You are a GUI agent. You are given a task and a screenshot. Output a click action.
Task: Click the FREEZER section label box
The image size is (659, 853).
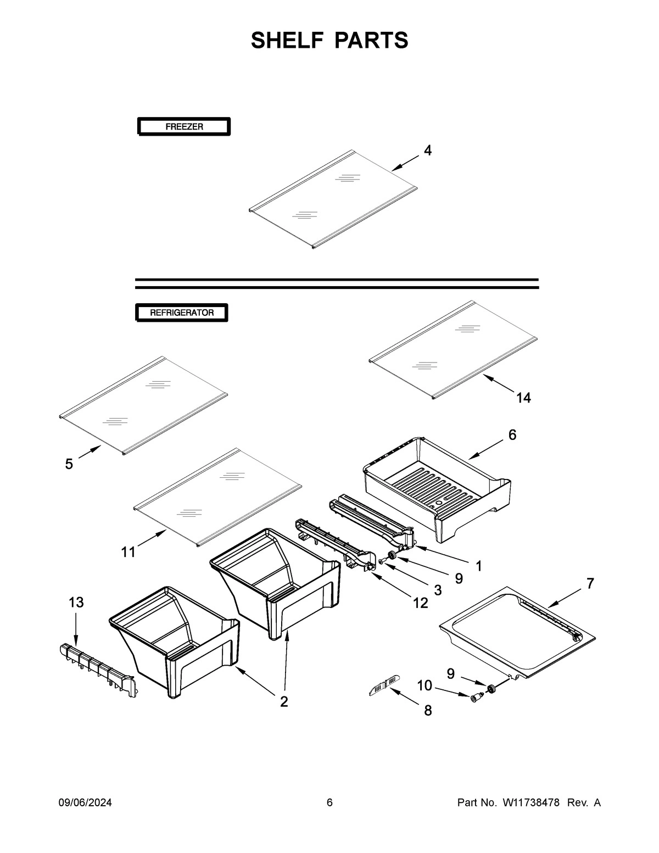pos(183,127)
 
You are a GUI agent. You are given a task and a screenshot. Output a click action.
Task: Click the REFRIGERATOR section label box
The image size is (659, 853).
pos(182,313)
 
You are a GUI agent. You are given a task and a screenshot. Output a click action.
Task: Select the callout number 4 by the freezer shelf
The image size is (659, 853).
pos(427,150)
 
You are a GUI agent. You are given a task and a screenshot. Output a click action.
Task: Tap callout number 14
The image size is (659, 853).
pos(523,398)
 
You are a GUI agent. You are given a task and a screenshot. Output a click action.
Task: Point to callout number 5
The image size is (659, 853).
pos(69,464)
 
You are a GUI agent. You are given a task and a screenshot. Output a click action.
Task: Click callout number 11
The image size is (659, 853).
pos(128,552)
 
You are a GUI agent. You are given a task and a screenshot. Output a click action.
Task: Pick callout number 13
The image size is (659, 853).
pos(76,603)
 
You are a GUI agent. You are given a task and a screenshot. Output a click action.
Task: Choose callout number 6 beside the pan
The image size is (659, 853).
pos(512,435)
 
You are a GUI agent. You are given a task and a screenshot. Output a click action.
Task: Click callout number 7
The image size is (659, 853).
pos(590,583)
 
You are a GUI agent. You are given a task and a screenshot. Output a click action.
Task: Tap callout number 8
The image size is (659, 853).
pos(427,711)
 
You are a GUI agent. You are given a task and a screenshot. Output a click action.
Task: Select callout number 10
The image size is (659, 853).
pos(425,685)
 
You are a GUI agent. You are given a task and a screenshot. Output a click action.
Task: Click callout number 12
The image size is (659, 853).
pos(420,603)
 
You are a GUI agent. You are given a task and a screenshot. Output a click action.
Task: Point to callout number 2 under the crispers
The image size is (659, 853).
pos(284,701)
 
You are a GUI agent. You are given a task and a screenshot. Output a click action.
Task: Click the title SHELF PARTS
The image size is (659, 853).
pos(329,41)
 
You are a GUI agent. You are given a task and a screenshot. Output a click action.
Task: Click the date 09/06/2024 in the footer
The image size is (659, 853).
pos(85,803)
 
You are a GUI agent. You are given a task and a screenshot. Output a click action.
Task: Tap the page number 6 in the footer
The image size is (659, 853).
pos(329,803)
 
